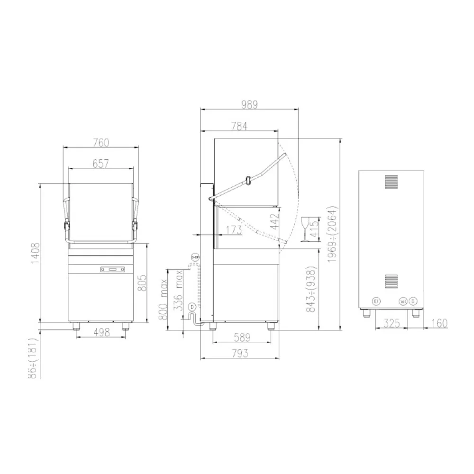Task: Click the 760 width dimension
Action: [x=100, y=142]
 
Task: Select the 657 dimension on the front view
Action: [x=100, y=163]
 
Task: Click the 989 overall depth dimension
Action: [x=249, y=105]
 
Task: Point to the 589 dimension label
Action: [x=242, y=337]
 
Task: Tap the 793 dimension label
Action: [x=242, y=353]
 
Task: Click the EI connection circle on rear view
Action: [x=376, y=301]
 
